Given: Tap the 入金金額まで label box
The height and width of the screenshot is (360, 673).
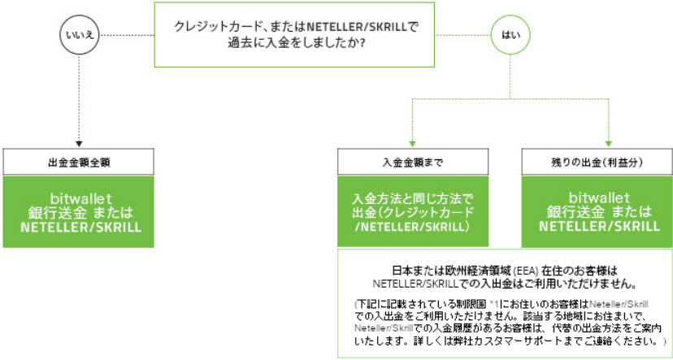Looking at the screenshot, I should click(415, 162).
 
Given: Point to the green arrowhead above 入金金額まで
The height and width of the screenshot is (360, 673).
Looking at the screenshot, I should click(415, 142).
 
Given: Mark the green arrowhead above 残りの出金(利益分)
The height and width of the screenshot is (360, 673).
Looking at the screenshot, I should click(609, 142).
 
